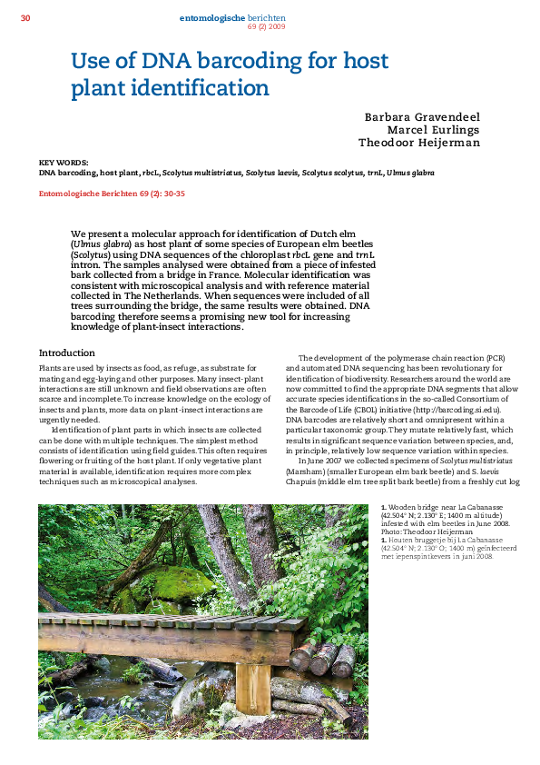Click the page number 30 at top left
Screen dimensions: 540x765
tap(25, 17)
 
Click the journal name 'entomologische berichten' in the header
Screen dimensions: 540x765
tap(232, 17)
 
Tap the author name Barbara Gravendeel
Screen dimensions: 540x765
tap(422, 117)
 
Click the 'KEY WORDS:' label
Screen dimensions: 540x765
tap(58, 163)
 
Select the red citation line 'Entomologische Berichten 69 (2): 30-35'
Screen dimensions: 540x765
tap(112, 193)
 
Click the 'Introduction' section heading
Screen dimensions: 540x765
tap(67, 353)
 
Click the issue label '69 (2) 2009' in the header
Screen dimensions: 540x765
tap(266, 26)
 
